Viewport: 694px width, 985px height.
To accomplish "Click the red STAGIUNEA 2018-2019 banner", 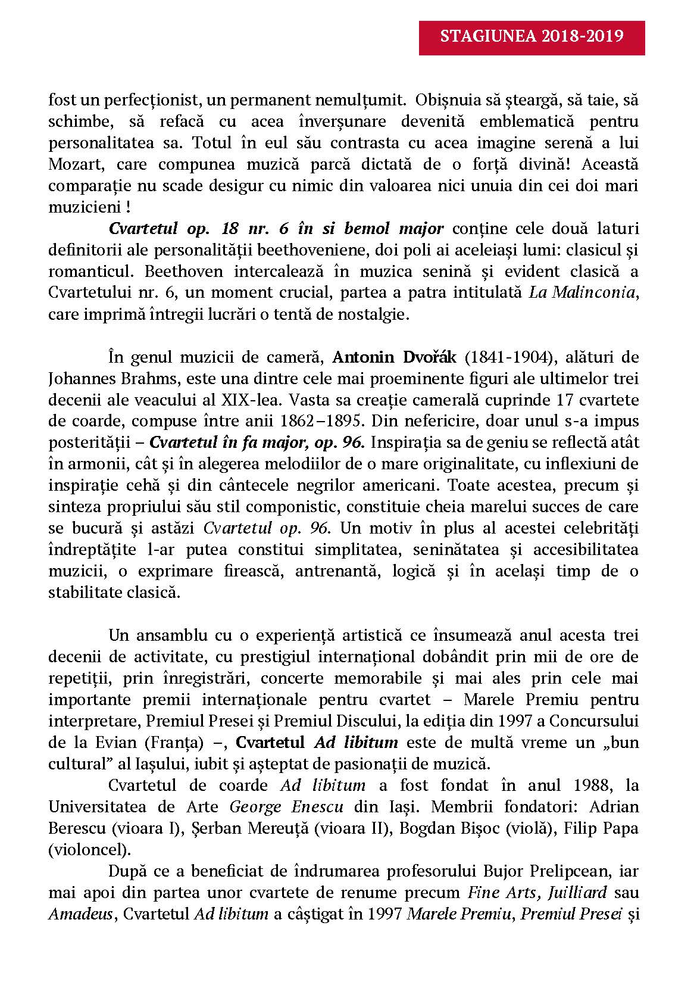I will (x=532, y=37).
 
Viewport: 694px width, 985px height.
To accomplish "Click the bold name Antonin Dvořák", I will (x=395, y=357).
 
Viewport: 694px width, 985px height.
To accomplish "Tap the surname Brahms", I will (x=151, y=379).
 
